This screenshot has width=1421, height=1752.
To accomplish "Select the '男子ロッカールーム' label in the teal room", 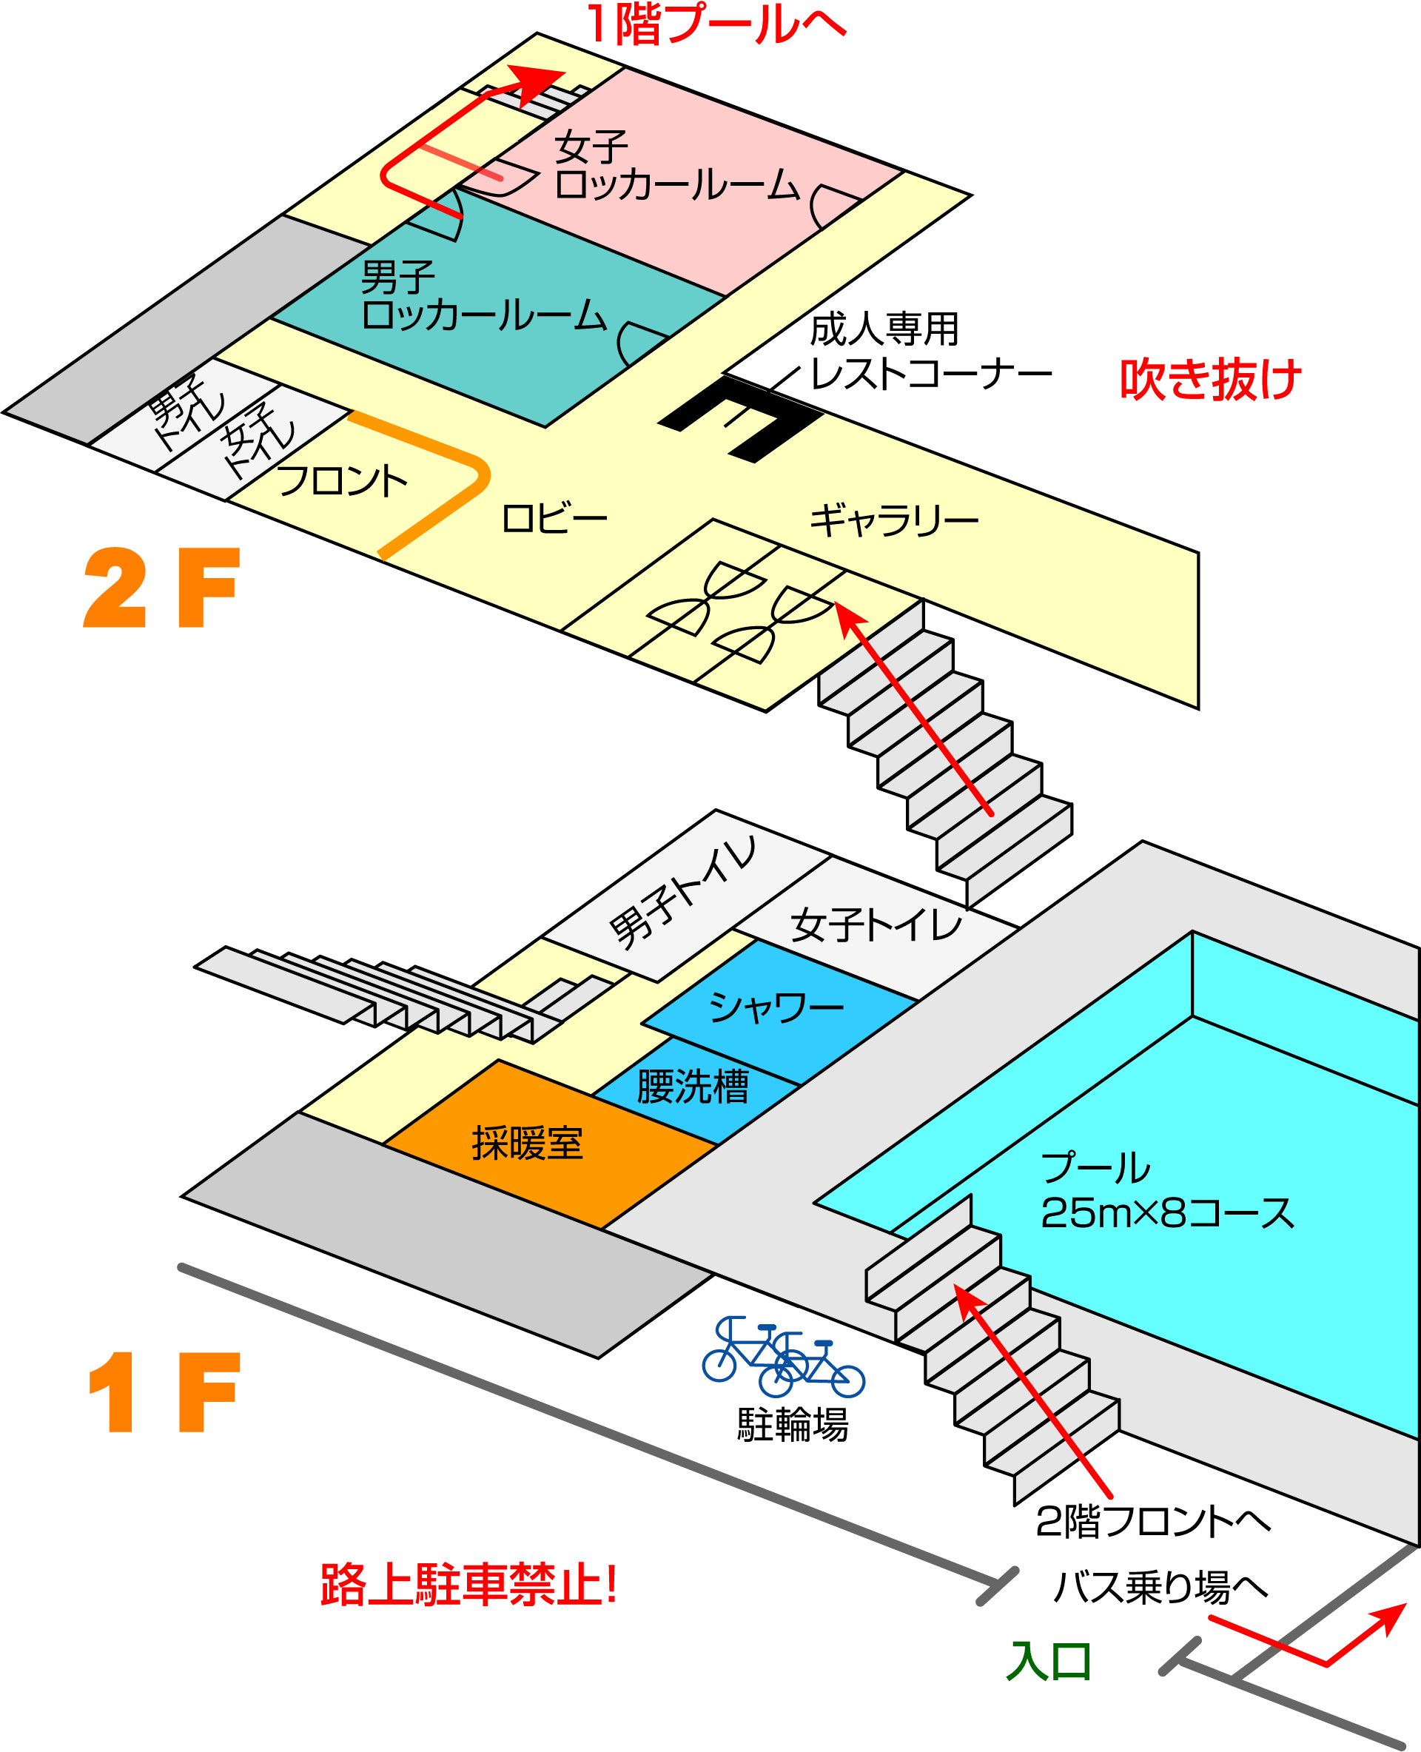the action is click(x=483, y=295).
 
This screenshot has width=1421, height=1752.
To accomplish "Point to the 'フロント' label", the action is click(x=341, y=480).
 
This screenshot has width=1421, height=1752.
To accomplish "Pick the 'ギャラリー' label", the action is click(x=894, y=520).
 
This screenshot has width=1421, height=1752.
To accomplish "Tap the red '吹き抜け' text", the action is click(x=1211, y=379).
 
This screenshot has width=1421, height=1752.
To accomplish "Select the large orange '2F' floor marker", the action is click(x=162, y=588).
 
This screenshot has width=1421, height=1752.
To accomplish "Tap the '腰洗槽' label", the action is click(x=693, y=1087).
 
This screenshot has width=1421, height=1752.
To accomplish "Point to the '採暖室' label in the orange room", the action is click(x=527, y=1143).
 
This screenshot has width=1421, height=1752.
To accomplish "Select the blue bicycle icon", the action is click(x=783, y=1357).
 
